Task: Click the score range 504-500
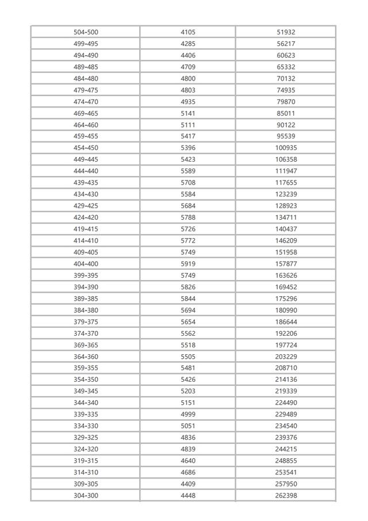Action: (86, 32)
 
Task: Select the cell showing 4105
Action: (188, 32)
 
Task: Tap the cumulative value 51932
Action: (286, 32)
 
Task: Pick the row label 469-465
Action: (86, 113)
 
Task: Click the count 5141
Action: (188, 113)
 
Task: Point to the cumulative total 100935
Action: (286, 148)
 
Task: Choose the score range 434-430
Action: (86, 194)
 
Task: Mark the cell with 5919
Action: (188, 264)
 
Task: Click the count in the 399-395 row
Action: (188, 275)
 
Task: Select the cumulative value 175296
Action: (286, 298)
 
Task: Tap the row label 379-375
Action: (86, 322)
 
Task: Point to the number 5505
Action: (188, 357)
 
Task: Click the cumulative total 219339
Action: (286, 391)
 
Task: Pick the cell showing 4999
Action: (188, 415)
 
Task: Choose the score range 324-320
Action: (86, 449)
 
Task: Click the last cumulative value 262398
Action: (286, 496)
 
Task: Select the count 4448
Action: (188, 496)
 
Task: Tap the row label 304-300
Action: (86, 496)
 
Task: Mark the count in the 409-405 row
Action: (188, 252)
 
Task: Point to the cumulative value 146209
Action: (286, 240)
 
